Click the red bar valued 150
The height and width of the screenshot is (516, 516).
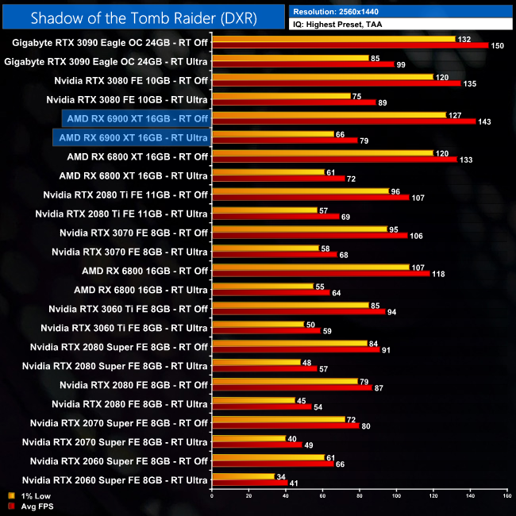coord(350,45)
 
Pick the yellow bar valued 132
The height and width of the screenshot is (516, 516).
coord(333,38)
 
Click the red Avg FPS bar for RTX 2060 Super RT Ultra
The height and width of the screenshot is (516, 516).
coord(249,483)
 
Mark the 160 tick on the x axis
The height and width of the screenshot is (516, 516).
coord(506,498)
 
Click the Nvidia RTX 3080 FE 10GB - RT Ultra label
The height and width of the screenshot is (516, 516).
coord(127,99)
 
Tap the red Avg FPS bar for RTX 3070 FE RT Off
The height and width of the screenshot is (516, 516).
coord(310,236)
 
